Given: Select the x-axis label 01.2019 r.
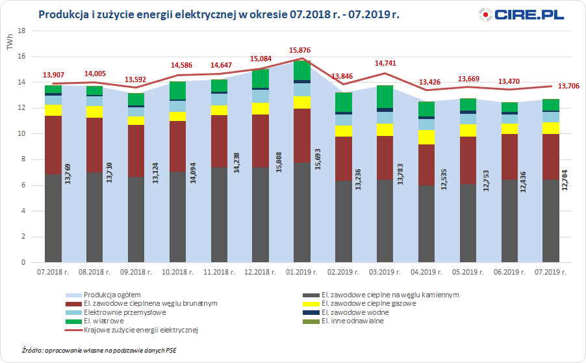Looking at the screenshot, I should point(301,272).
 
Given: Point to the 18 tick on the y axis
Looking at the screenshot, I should point(22,31).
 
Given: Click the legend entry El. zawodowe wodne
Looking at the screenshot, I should point(360,312).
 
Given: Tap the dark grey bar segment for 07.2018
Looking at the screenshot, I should point(53,218).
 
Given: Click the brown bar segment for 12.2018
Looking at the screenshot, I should point(260,141).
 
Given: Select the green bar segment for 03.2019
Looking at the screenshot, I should point(385,96).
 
